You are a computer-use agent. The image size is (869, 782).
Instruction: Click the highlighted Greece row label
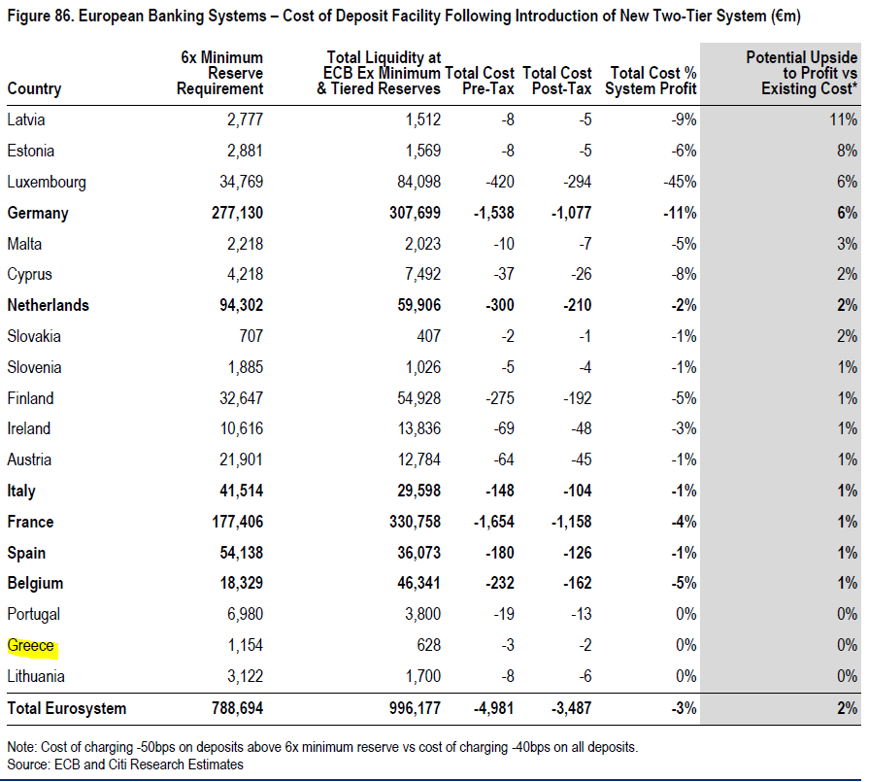tap(31, 646)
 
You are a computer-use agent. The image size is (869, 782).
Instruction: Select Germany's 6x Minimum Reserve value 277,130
tap(231, 213)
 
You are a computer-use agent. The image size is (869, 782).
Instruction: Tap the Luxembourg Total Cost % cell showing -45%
tap(679, 182)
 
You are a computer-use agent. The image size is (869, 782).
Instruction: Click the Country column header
tap(34, 89)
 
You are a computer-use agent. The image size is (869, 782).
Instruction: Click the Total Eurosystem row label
tap(67, 708)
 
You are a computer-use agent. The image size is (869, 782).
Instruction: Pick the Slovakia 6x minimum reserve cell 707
tap(248, 336)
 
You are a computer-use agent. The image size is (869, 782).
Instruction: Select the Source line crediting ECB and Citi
tap(125, 765)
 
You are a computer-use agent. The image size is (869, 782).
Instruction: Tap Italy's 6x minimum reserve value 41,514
tap(236, 492)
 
